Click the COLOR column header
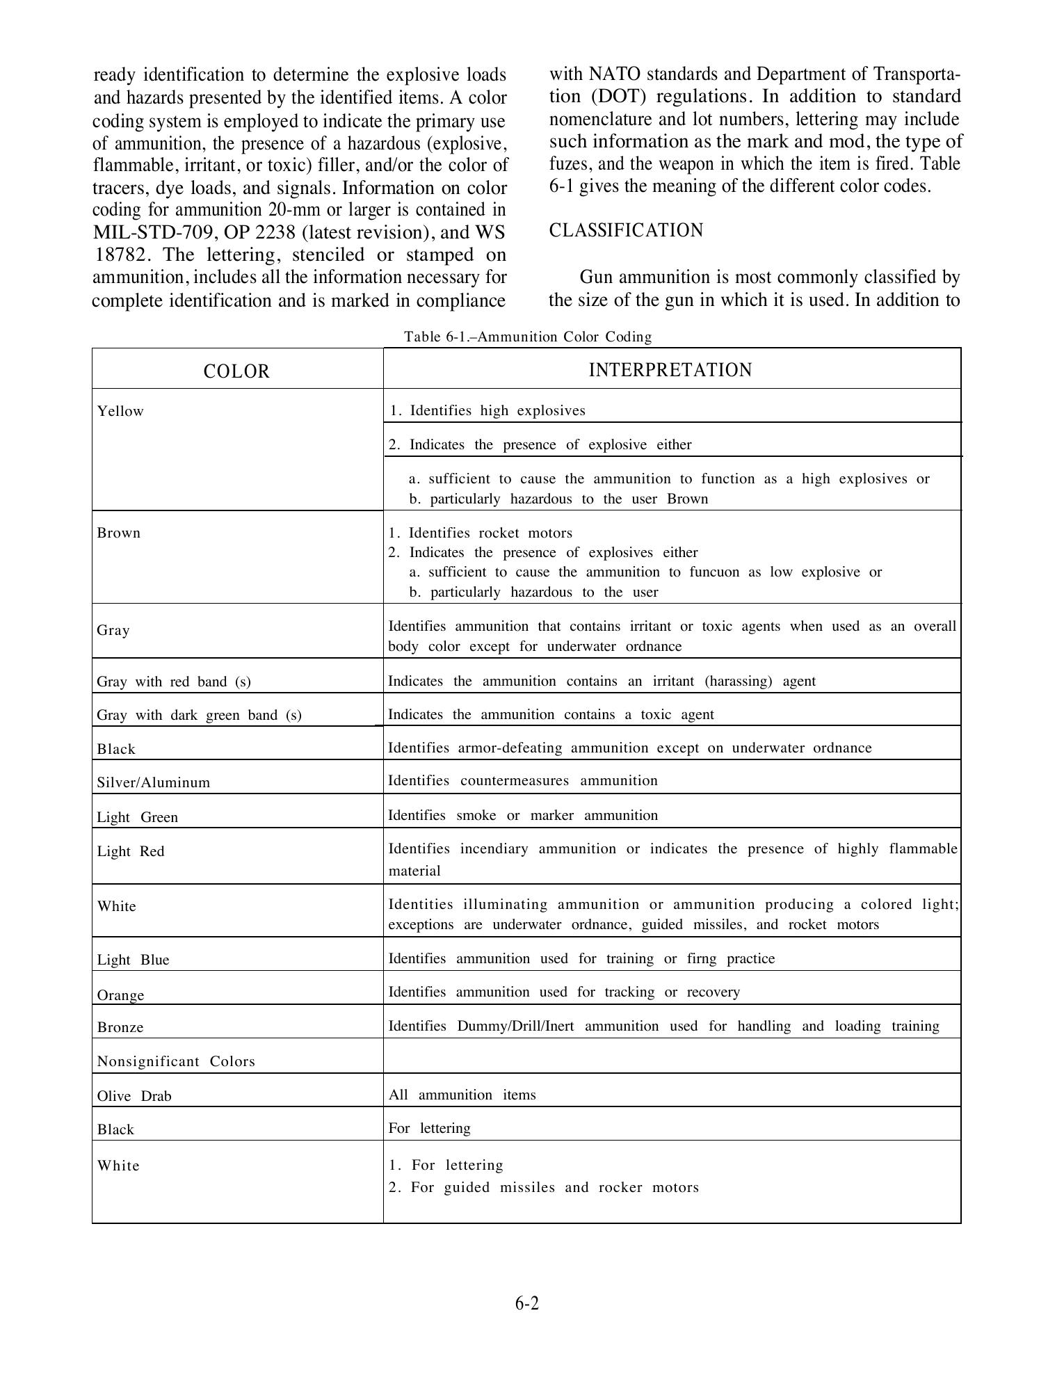(x=236, y=371)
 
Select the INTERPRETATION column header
(x=670, y=370)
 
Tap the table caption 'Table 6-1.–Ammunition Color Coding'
(x=528, y=337)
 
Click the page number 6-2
(x=527, y=1303)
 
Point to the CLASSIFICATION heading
(x=626, y=230)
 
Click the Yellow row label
(x=120, y=411)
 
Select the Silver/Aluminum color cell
(x=153, y=782)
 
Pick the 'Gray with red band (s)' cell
(x=174, y=682)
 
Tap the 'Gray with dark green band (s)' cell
(x=199, y=715)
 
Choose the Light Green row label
(x=137, y=817)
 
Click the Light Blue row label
(x=133, y=960)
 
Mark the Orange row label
(x=120, y=995)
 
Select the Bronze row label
(x=120, y=1027)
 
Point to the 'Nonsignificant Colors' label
(x=176, y=1061)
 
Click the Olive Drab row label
(x=134, y=1096)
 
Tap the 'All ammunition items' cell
(x=462, y=1095)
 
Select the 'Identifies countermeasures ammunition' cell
(x=522, y=780)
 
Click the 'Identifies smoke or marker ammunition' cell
(x=522, y=815)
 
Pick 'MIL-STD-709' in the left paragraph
(x=152, y=232)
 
